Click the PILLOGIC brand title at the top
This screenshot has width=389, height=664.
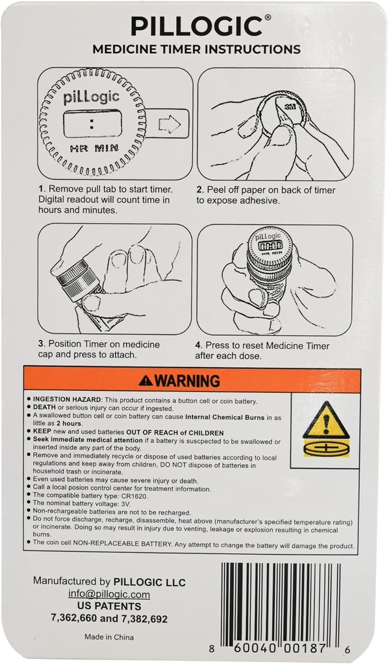pyautogui.click(x=196, y=26)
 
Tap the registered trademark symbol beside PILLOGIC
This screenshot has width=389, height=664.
pyautogui.click(x=268, y=18)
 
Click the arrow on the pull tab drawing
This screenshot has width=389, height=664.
pyautogui.click(x=169, y=124)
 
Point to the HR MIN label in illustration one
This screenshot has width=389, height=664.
pyautogui.click(x=94, y=148)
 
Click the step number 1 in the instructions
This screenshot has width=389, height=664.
pyautogui.click(x=41, y=189)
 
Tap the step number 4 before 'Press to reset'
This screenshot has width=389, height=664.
pyautogui.click(x=197, y=346)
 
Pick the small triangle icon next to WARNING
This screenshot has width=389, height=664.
pyautogui.click(x=146, y=381)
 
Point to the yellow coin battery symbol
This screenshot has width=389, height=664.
pyautogui.click(x=326, y=449)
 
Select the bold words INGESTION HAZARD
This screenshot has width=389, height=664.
pyautogui.click(x=68, y=399)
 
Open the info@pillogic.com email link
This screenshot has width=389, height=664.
pyautogui.click(x=109, y=594)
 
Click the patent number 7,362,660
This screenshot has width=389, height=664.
pyautogui.click(x=74, y=618)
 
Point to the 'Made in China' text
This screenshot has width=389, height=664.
pyautogui.click(x=109, y=637)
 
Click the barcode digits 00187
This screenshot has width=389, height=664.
pyautogui.click(x=305, y=648)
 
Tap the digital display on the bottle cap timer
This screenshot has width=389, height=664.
pyautogui.click(x=270, y=246)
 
